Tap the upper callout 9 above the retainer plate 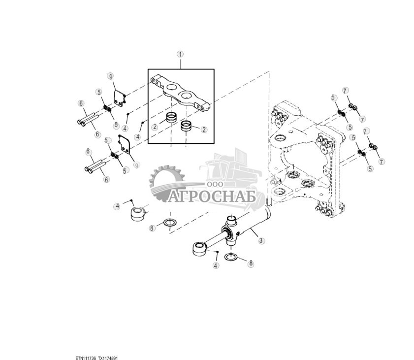(111, 76)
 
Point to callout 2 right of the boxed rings (204, 129)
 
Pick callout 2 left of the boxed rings (155, 127)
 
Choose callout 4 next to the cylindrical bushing (117, 206)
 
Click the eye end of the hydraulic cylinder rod (200, 249)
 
